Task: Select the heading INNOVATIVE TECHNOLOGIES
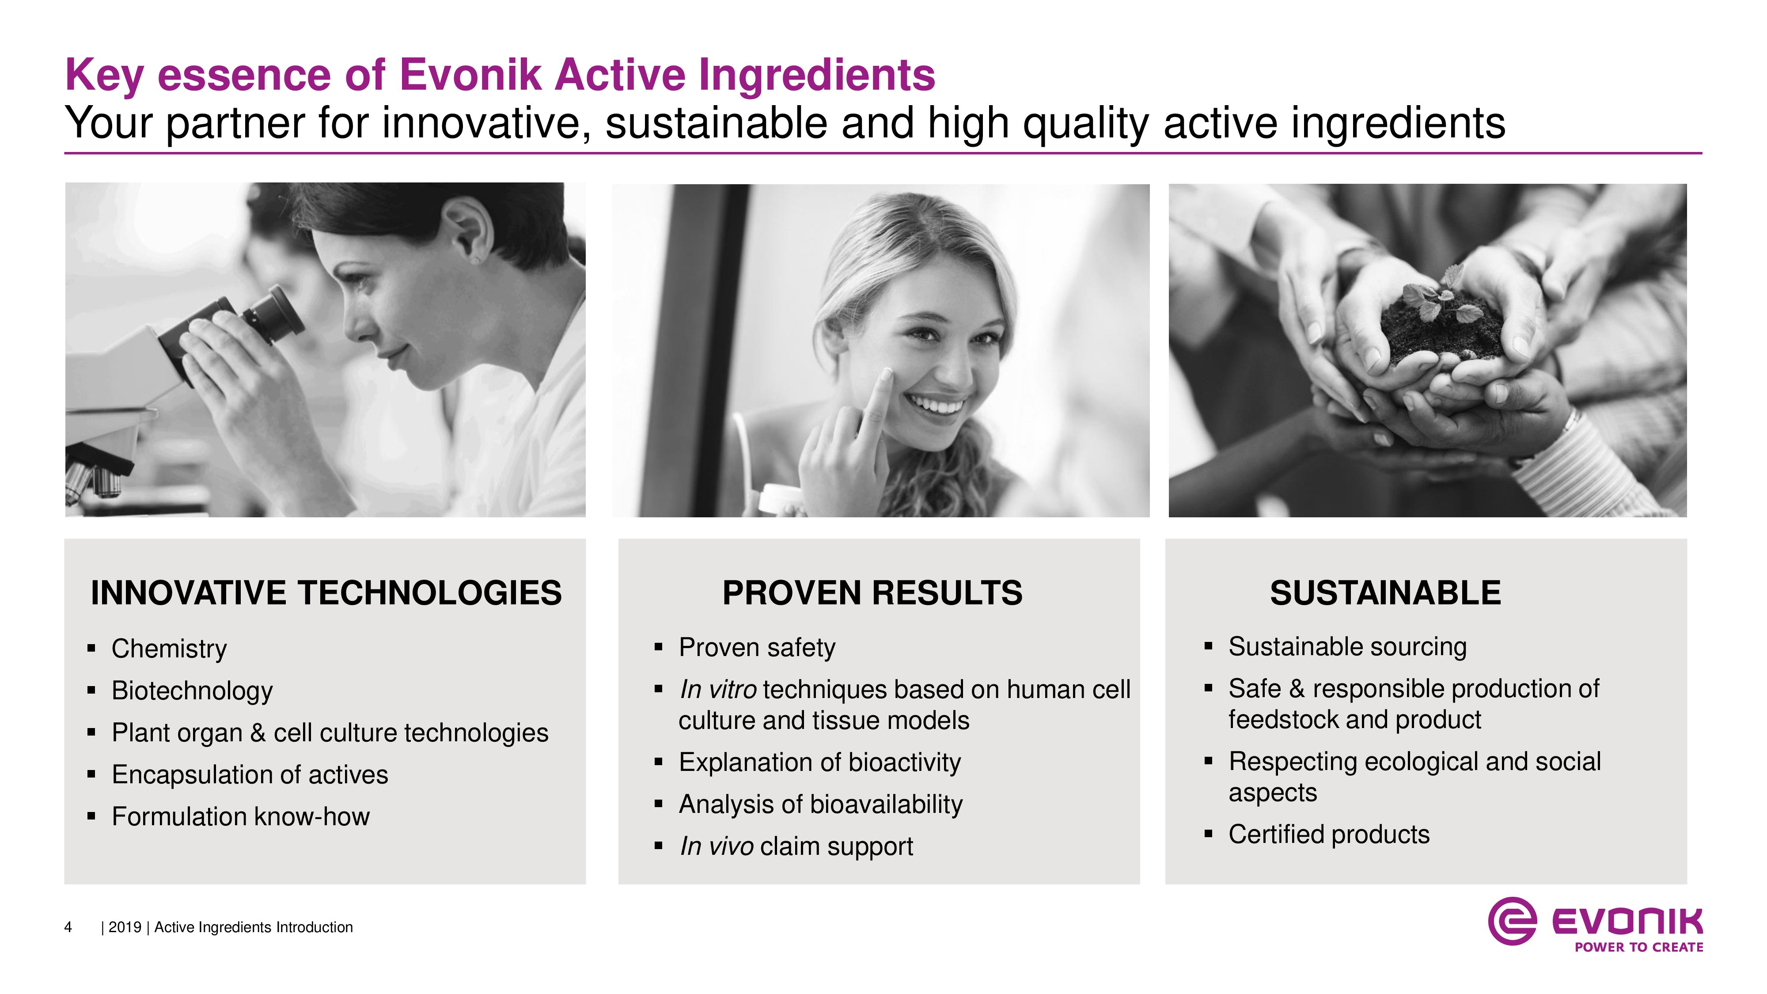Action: pyautogui.click(x=326, y=593)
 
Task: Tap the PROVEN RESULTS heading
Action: pyautogui.click(x=872, y=593)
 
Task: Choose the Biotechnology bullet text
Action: pyautogui.click(x=192, y=691)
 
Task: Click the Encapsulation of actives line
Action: pyautogui.click(x=250, y=774)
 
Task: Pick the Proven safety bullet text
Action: pyautogui.click(x=757, y=648)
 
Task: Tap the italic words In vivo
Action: pyautogui.click(x=717, y=846)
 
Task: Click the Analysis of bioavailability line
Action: pyautogui.click(x=820, y=804)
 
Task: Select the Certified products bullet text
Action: pyautogui.click(x=1329, y=834)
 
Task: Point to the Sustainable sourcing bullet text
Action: pyautogui.click(x=1347, y=647)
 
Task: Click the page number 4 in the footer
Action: pyautogui.click(x=68, y=927)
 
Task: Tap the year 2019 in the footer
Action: pyautogui.click(x=125, y=927)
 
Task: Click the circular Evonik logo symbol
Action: pyautogui.click(x=1512, y=921)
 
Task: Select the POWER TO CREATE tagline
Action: pyautogui.click(x=1639, y=947)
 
